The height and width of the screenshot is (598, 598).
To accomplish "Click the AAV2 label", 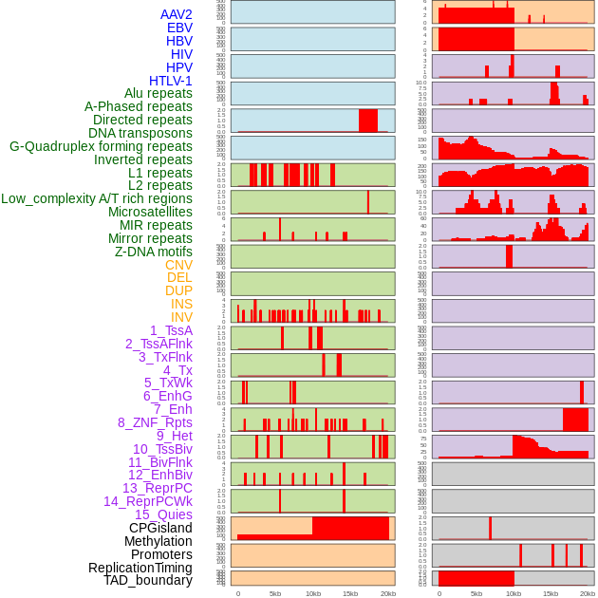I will point(177,14).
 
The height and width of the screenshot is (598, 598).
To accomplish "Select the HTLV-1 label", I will point(171,81).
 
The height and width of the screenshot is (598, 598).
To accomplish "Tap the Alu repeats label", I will point(159,93).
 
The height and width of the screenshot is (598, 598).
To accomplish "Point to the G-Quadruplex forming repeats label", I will point(101,146).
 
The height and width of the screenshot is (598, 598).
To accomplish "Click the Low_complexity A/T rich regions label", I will point(97,198).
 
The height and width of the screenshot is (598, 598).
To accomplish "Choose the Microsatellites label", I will point(150,212).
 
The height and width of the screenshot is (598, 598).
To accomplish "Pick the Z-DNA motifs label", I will point(154,252).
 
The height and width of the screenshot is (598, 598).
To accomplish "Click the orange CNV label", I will point(178,265).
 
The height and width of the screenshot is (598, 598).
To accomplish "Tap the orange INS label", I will point(181,304).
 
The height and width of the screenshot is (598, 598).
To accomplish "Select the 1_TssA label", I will point(171,330).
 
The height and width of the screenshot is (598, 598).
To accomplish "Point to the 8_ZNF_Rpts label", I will point(155,422).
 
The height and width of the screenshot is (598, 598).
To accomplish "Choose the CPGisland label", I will point(160,528).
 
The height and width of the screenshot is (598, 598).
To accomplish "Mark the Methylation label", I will point(159,541).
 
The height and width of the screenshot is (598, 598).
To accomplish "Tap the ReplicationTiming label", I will point(140,568).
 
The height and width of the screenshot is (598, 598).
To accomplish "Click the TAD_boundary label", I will point(148,580).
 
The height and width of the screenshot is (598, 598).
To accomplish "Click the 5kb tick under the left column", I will point(275,593).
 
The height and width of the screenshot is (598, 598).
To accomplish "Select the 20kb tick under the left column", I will point(387,593).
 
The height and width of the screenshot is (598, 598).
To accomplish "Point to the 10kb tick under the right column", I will point(514,593).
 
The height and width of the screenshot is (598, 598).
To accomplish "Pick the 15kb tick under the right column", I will point(551,593).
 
